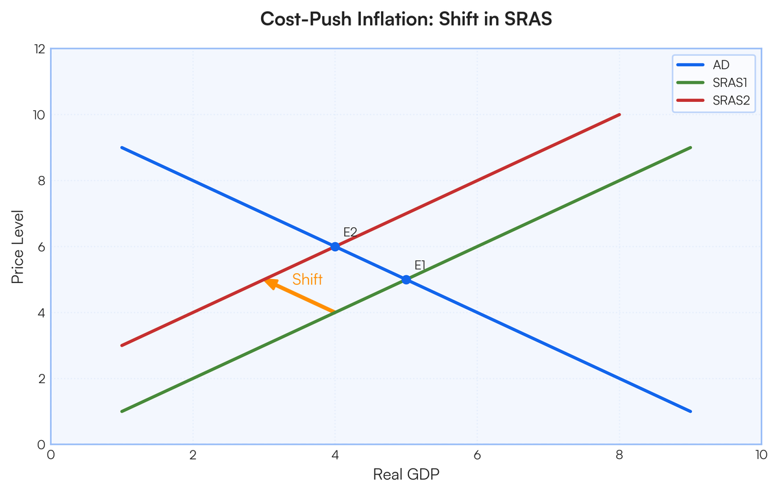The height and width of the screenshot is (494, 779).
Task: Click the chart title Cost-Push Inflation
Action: (406, 19)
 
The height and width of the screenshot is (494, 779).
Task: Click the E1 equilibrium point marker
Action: (406, 280)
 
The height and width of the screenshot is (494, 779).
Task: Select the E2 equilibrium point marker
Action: (335, 247)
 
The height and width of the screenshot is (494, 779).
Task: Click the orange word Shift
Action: (307, 280)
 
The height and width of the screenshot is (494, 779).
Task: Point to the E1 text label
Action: (420, 265)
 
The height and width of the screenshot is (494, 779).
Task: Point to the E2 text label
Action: (351, 232)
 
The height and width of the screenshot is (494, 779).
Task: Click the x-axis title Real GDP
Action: (406, 475)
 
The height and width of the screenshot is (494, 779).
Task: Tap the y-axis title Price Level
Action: (18, 247)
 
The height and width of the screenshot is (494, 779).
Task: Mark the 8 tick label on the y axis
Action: (40, 181)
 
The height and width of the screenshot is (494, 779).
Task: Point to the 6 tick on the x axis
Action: (477, 455)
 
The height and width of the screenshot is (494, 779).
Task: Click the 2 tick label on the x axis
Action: (193, 455)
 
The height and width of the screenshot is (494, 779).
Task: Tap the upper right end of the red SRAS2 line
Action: (619, 115)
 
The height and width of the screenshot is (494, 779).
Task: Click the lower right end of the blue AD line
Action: (690, 411)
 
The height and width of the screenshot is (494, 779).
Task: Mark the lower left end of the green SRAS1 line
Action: (123, 411)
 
